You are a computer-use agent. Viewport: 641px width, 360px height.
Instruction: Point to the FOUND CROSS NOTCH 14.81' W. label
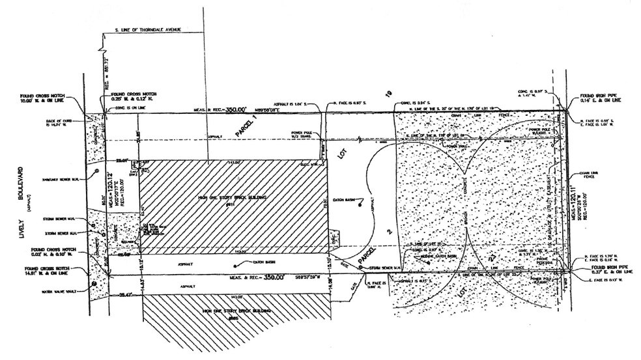click(48, 271)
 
